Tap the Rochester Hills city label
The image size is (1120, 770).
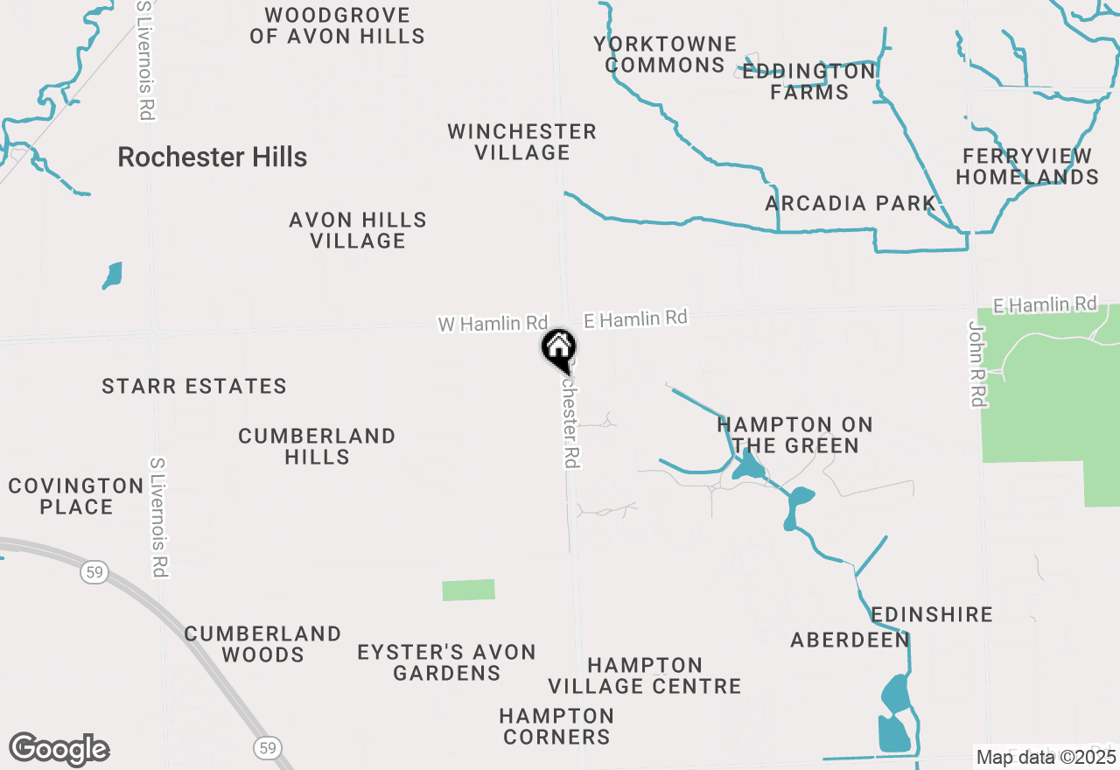coord(212,157)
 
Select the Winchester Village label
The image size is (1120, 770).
coord(521,142)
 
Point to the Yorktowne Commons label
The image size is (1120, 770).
coord(665,54)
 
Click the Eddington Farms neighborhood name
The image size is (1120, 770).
coord(808,81)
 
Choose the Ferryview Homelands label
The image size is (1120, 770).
coord(1027,166)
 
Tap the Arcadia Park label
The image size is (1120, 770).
coord(850,204)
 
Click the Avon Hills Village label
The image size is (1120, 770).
coord(358,230)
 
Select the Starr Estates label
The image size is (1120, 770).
coord(194,386)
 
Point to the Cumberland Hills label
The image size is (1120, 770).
coord(317,446)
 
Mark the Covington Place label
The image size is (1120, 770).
coord(76,496)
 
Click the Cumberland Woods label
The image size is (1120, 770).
coord(262,644)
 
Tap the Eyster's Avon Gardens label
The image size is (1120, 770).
coord(446,662)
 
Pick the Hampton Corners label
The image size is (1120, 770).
coord(556,726)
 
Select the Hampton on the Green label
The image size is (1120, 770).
coord(794,435)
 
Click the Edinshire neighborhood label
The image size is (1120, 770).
coord(932,614)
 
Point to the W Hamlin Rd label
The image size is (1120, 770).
coord(493,324)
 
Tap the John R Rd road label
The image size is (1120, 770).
coord(977,363)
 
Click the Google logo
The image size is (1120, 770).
coord(59,749)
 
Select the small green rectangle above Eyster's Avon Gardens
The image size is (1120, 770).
coord(468,590)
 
